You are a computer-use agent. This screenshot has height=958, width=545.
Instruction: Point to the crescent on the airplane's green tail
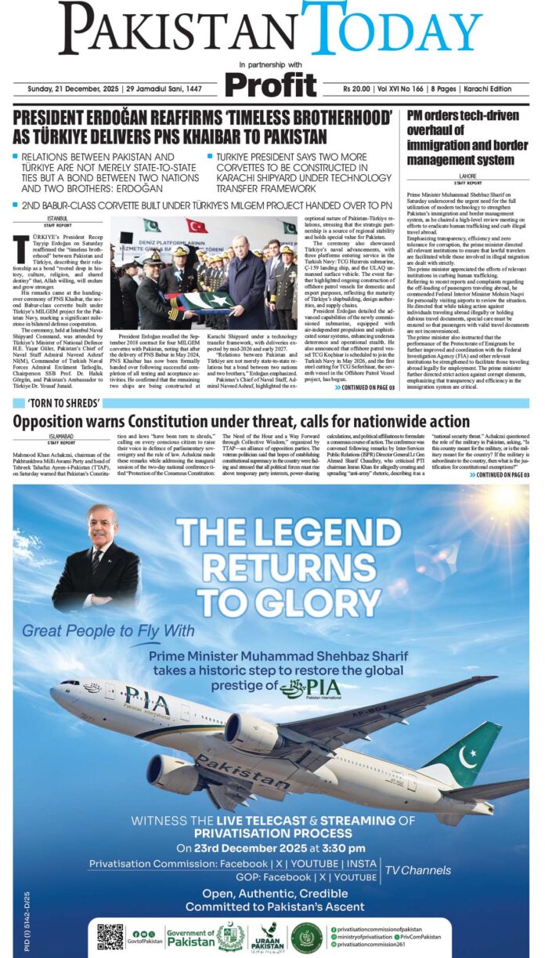click(467, 757)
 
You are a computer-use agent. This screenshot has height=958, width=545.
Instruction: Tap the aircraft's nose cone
click(53, 693)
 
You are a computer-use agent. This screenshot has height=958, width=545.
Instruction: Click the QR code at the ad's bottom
click(110, 938)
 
